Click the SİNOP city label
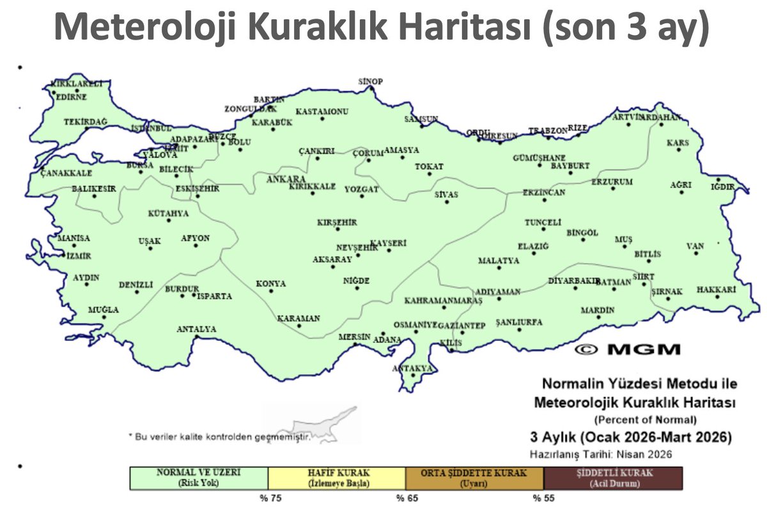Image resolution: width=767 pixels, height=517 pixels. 370,81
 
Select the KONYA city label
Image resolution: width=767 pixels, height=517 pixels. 271,283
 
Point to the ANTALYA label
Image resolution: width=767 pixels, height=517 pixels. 196,330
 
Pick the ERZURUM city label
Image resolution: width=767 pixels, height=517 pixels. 612,182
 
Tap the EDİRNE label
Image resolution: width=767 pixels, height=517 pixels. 71,97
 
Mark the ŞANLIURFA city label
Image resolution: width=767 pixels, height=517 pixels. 519,322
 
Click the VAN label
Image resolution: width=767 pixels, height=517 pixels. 695,246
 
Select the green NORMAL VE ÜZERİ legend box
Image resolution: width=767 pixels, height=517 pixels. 199,478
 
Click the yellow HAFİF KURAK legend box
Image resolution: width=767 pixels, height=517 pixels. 337,478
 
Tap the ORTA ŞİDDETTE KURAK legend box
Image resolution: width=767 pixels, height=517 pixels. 474,478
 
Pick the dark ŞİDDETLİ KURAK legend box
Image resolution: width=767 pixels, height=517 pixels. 613,478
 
